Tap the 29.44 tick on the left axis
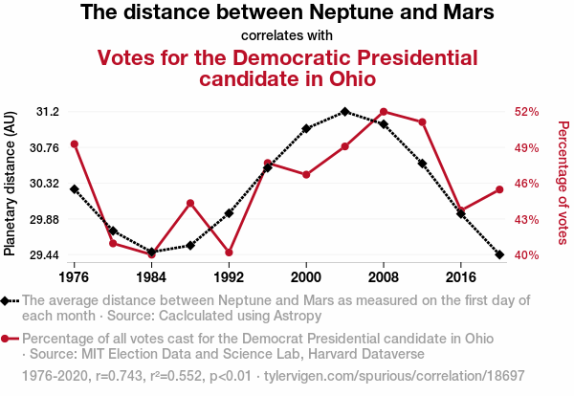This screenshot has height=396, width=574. click(x=43, y=255)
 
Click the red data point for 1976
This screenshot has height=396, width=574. click(x=74, y=144)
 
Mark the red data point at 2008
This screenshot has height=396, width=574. click(x=384, y=112)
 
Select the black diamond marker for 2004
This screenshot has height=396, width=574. click(x=344, y=112)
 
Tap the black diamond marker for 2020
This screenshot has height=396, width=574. click(x=499, y=254)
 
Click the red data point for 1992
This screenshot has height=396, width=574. click(x=229, y=253)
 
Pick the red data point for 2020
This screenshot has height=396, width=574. click(x=499, y=189)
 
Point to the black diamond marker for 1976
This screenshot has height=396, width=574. click(x=74, y=189)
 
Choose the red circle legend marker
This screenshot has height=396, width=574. click(x=8, y=339)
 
